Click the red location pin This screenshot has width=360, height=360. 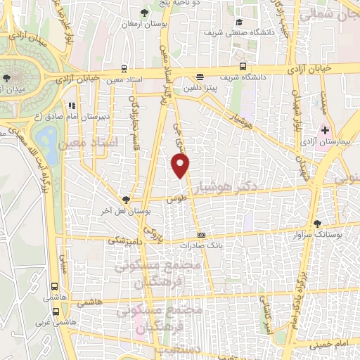[181, 165]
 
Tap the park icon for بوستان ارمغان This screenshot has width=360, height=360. [145, 12]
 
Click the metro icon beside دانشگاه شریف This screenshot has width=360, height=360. [243, 66]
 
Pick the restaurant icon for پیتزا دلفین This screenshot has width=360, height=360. [200, 78]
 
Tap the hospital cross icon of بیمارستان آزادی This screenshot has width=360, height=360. [325, 131]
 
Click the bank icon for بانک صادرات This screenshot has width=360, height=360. [202, 235]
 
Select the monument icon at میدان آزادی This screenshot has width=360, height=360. [7, 77]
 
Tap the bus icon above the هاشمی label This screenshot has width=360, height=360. [54, 287]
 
